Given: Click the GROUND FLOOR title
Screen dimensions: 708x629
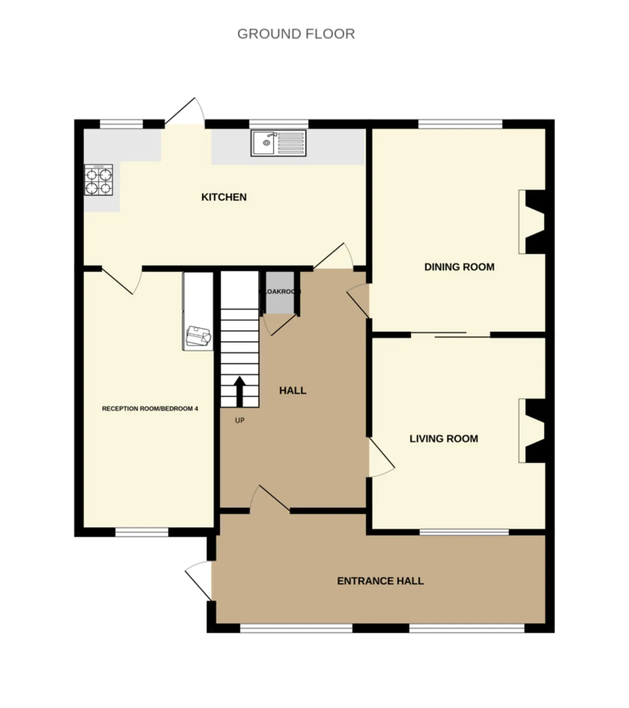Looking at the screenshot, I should coord(296,34).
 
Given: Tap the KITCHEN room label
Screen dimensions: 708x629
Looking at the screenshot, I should coord(224,197).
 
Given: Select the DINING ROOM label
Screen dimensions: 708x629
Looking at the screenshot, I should coord(459,267).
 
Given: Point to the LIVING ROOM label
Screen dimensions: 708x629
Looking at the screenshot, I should coord(443,439).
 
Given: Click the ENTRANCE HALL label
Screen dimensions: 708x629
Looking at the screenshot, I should coord(380,581).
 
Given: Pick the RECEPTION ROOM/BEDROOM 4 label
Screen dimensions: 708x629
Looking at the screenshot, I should coord(150,409).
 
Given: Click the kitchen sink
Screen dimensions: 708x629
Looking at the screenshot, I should coord(278,143).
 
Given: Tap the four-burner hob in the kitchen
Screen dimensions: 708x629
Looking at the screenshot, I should coord(99,180).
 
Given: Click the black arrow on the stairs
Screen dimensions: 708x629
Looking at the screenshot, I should coord(240,391).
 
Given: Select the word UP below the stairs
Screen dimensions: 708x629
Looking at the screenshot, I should coord(240,421).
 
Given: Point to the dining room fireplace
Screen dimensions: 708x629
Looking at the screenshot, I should coord(534,222).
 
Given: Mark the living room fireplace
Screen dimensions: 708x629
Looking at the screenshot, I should coord(534,431).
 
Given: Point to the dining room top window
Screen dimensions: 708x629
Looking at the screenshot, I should coord(460,123).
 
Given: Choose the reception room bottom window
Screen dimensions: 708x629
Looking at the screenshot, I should coord(142,532).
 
